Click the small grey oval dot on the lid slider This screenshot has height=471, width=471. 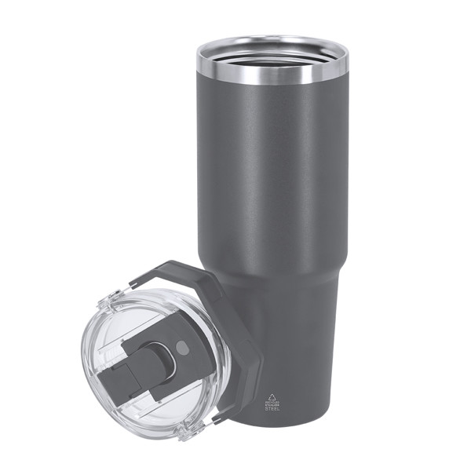pyautogui.click(x=182, y=347)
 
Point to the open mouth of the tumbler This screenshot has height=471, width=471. pyautogui.click(x=272, y=51)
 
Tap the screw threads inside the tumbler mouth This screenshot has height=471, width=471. pyautogui.click(x=272, y=60)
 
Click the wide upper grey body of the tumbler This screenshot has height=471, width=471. pyautogui.click(x=271, y=173)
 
